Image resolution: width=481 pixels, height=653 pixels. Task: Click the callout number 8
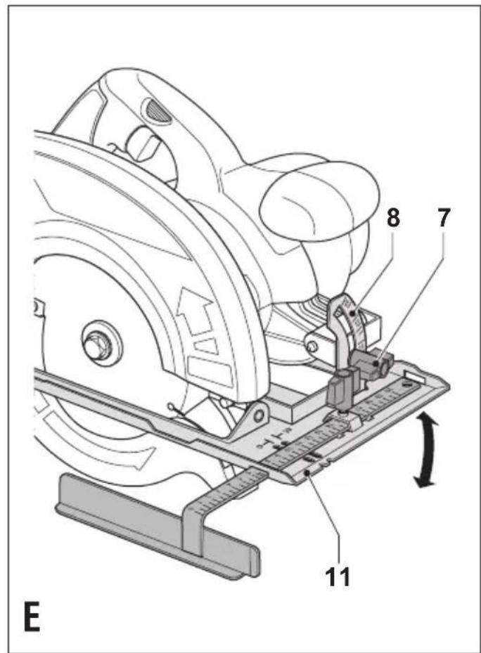394,217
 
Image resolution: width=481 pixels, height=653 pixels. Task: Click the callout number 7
443,217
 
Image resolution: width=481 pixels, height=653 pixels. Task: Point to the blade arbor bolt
97,343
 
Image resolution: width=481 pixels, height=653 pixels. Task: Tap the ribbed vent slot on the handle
158,111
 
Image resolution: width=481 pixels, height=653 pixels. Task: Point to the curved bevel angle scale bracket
348,329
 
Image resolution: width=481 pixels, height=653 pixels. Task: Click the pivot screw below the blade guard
259,415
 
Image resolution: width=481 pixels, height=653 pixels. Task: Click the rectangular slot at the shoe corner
415,375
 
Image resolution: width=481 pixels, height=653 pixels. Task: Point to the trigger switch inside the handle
142,146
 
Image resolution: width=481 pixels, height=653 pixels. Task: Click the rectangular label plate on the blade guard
210,368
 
